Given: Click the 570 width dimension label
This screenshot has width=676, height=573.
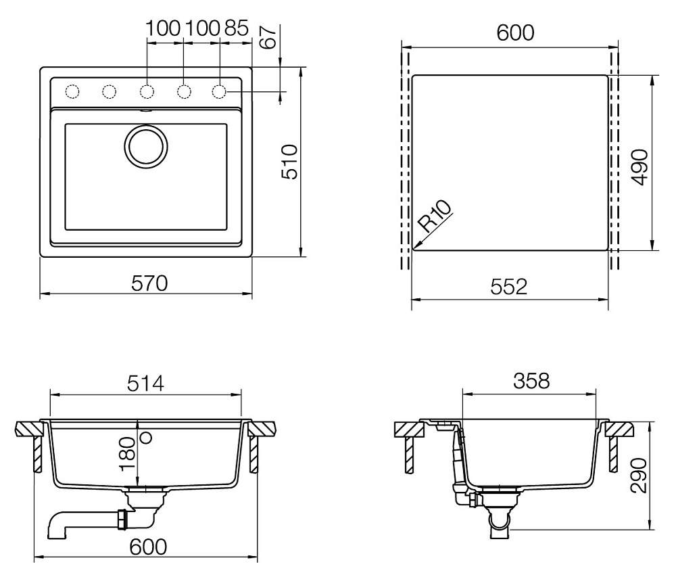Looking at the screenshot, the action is click(149, 283).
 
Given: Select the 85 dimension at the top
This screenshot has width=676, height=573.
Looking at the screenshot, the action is click(236, 28).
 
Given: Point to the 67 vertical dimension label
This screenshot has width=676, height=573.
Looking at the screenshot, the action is click(268, 37).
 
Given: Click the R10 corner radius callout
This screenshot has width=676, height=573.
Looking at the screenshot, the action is click(435, 216).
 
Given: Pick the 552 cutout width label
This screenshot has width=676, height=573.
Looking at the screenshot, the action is click(509, 287).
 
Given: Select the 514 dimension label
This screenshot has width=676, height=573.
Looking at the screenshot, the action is click(146, 383).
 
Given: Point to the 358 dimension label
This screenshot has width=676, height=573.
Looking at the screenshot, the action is click(531, 381).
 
